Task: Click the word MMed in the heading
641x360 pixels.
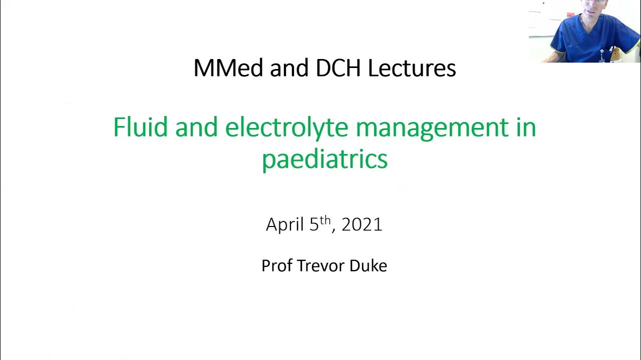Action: point(228,68)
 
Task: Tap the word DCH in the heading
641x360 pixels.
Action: point(338,68)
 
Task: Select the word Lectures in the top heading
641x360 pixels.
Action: point(412,68)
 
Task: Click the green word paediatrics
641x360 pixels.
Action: point(325,159)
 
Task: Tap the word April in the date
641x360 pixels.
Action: point(285,225)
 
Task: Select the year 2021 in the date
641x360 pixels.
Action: point(362,225)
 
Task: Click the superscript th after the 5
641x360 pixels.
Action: point(325,220)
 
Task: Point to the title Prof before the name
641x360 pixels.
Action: point(277,265)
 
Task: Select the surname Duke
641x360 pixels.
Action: point(369,265)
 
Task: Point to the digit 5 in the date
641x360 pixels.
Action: point(314,225)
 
